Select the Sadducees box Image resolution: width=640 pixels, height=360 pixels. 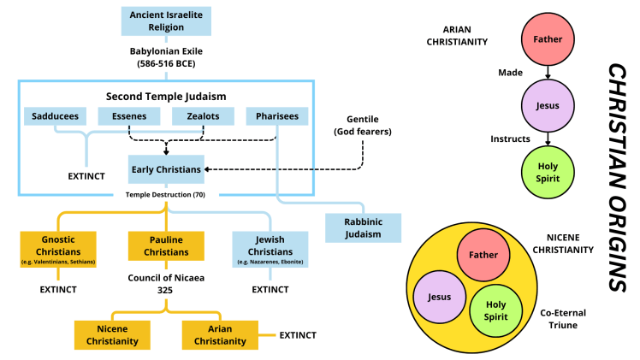[54, 116]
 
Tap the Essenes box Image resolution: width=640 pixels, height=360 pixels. [128, 116]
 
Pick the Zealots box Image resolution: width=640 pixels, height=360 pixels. [203, 116]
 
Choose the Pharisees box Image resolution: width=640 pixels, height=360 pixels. [278, 116]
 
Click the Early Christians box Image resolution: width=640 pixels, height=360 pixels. [166, 169]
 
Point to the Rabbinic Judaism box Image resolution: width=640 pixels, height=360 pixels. [364, 227]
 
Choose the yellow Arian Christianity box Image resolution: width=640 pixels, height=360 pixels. [220, 335]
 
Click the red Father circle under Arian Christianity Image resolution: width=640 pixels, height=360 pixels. [548, 38]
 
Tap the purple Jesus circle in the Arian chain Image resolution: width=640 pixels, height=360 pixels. [548, 106]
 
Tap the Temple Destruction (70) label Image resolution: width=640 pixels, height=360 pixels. [166, 195]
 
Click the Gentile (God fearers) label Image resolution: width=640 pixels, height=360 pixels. [363, 126]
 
